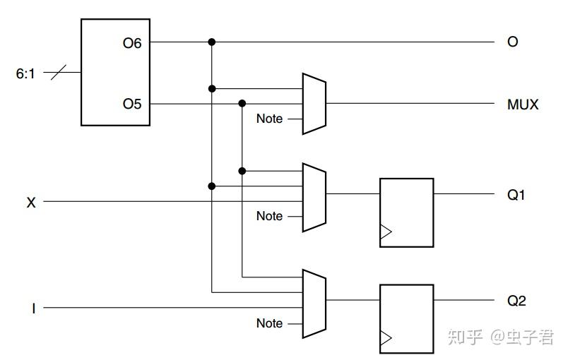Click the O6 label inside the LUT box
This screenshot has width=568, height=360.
click(x=132, y=44)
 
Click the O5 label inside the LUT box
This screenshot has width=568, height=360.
click(x=132, y=104)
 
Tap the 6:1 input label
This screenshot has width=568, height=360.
click(x=25, y=74)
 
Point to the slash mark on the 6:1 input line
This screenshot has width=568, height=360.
click(x=59, y=73)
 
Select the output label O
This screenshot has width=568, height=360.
click(x=513, y=42)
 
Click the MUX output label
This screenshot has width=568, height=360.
click(x=523, y=104)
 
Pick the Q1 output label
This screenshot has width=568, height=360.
click(x=516, y=195)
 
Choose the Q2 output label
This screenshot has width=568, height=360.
click(x=516, y=301)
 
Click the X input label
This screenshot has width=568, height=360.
click(x=31, y=203)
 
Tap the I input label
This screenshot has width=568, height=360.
click(x=34, y=308)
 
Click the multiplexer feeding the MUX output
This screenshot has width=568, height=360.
click(x=314, y=104)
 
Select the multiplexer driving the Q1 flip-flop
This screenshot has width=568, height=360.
click(x=314, y=197)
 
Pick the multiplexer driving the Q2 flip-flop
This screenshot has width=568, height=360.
click(x=314, y=304)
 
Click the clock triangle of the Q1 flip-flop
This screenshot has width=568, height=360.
click(x=386, y=232)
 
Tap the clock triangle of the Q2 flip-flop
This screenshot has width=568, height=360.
click(x=386, y=338)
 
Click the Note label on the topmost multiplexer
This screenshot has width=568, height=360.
click(x=269, y=119)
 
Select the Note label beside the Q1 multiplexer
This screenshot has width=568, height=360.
click(x=269, y=216)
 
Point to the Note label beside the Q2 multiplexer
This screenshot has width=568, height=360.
click(x=269, y=323)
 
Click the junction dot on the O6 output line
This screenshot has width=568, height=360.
click(x=212, y=42)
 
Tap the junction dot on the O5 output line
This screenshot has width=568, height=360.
click(x=242, y=104)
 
